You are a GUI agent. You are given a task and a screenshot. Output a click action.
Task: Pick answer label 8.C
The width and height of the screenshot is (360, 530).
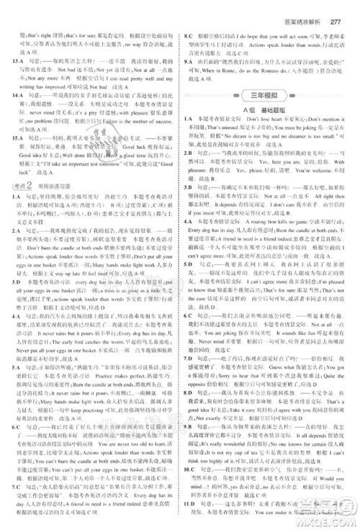(189, 35)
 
